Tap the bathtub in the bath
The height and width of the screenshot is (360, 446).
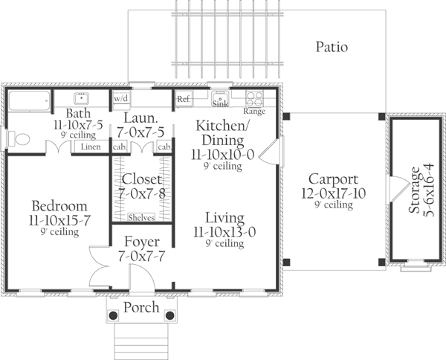pos(29,99)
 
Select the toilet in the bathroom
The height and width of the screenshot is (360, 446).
pos(18,139)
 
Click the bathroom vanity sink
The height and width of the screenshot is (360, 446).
pos(82,98)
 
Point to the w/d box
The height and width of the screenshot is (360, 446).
pos(120,98)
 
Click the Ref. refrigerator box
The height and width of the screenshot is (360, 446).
pos(184,98)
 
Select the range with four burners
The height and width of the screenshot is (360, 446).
pos(253,97)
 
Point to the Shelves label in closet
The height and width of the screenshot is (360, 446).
pos(141,217)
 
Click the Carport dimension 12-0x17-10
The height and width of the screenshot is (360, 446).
pos(334,193)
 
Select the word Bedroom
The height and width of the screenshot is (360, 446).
pos(59,205)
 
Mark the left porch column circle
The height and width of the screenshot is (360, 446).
pos(113,315)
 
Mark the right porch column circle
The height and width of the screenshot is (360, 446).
pos(169,315)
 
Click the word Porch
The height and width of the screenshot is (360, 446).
pos(140,308)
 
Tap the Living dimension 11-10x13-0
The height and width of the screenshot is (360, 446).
pos(224,231)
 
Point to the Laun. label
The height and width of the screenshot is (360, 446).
pos(140,118)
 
